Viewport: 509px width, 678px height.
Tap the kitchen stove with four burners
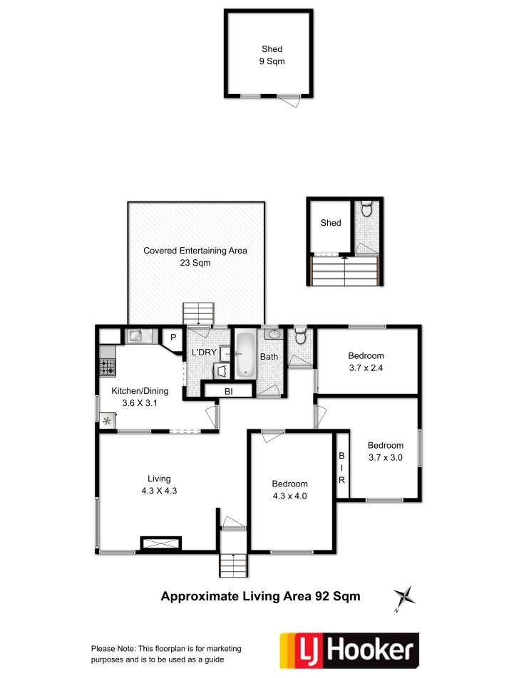[x=108, y=367]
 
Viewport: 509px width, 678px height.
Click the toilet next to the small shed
[x=366, y=209]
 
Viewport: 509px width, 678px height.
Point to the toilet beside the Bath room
[x=300, y=336]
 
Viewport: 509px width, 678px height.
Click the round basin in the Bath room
[x=273, y=334]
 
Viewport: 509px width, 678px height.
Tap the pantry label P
[x=173, y=338]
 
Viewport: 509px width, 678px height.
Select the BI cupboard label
[x=229, y=391]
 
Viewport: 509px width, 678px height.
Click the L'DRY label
[x=204, y=353]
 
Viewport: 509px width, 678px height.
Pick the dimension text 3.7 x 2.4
[x=366, y=368]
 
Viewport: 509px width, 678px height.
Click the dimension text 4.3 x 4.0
[x=289, y=496]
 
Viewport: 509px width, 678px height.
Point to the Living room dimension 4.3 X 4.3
[x=159, y=491]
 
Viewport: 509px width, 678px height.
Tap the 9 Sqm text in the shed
[x=272, y=61]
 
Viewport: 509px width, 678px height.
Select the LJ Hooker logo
[x=349, y=650]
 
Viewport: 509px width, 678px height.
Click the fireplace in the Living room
[x=161, y=543]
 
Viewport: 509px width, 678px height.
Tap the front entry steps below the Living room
[x=234, y=565]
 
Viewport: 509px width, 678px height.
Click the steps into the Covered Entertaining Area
[x=198, y=313]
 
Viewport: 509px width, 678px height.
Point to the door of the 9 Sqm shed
[x=289, y=100]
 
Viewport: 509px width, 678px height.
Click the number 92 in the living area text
[x=322, y=596]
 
